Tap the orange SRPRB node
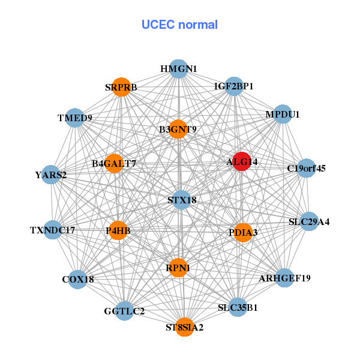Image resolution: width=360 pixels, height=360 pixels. tap(122, 87)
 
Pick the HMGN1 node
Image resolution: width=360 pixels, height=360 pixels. tap(178, 69)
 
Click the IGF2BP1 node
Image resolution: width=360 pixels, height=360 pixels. tap(234, 86)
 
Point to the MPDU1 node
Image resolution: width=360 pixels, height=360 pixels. tap(282, 114)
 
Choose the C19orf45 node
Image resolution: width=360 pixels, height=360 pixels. tap(306, 168)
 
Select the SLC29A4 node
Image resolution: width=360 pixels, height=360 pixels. tap(308, 221)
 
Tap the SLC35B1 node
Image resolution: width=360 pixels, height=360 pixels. tap(238, 307)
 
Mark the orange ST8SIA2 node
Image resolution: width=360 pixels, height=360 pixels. tap(184, 327)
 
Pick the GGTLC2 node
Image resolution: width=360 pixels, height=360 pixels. tap(124, 311)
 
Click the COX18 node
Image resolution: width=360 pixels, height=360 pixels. tap(78, 279)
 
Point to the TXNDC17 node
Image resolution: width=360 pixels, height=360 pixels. tap(53, 230)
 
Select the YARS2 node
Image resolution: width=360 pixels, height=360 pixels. tap(51, 175)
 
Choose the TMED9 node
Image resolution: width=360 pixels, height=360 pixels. tap(75, 118)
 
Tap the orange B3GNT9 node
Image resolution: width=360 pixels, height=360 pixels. tap(178, 129)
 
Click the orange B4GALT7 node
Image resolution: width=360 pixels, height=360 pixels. tap(114, 163)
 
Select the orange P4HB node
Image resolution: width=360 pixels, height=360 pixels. tap(118, 230)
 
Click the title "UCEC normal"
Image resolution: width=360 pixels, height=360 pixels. tap(179, 25)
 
